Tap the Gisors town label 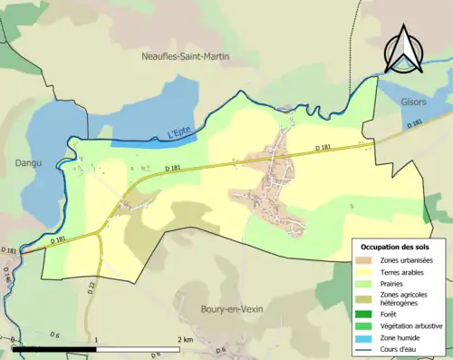(413, 103)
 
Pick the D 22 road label (92, 287)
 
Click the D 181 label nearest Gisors (414, 124)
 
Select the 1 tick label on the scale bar (96, 340)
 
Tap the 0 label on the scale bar (14, 340)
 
